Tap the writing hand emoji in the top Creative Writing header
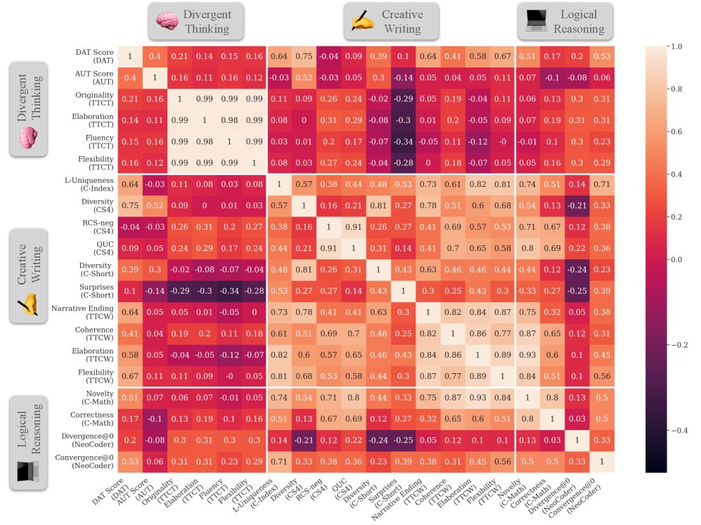pos(364,22)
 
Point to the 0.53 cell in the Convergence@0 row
pos(129,462)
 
